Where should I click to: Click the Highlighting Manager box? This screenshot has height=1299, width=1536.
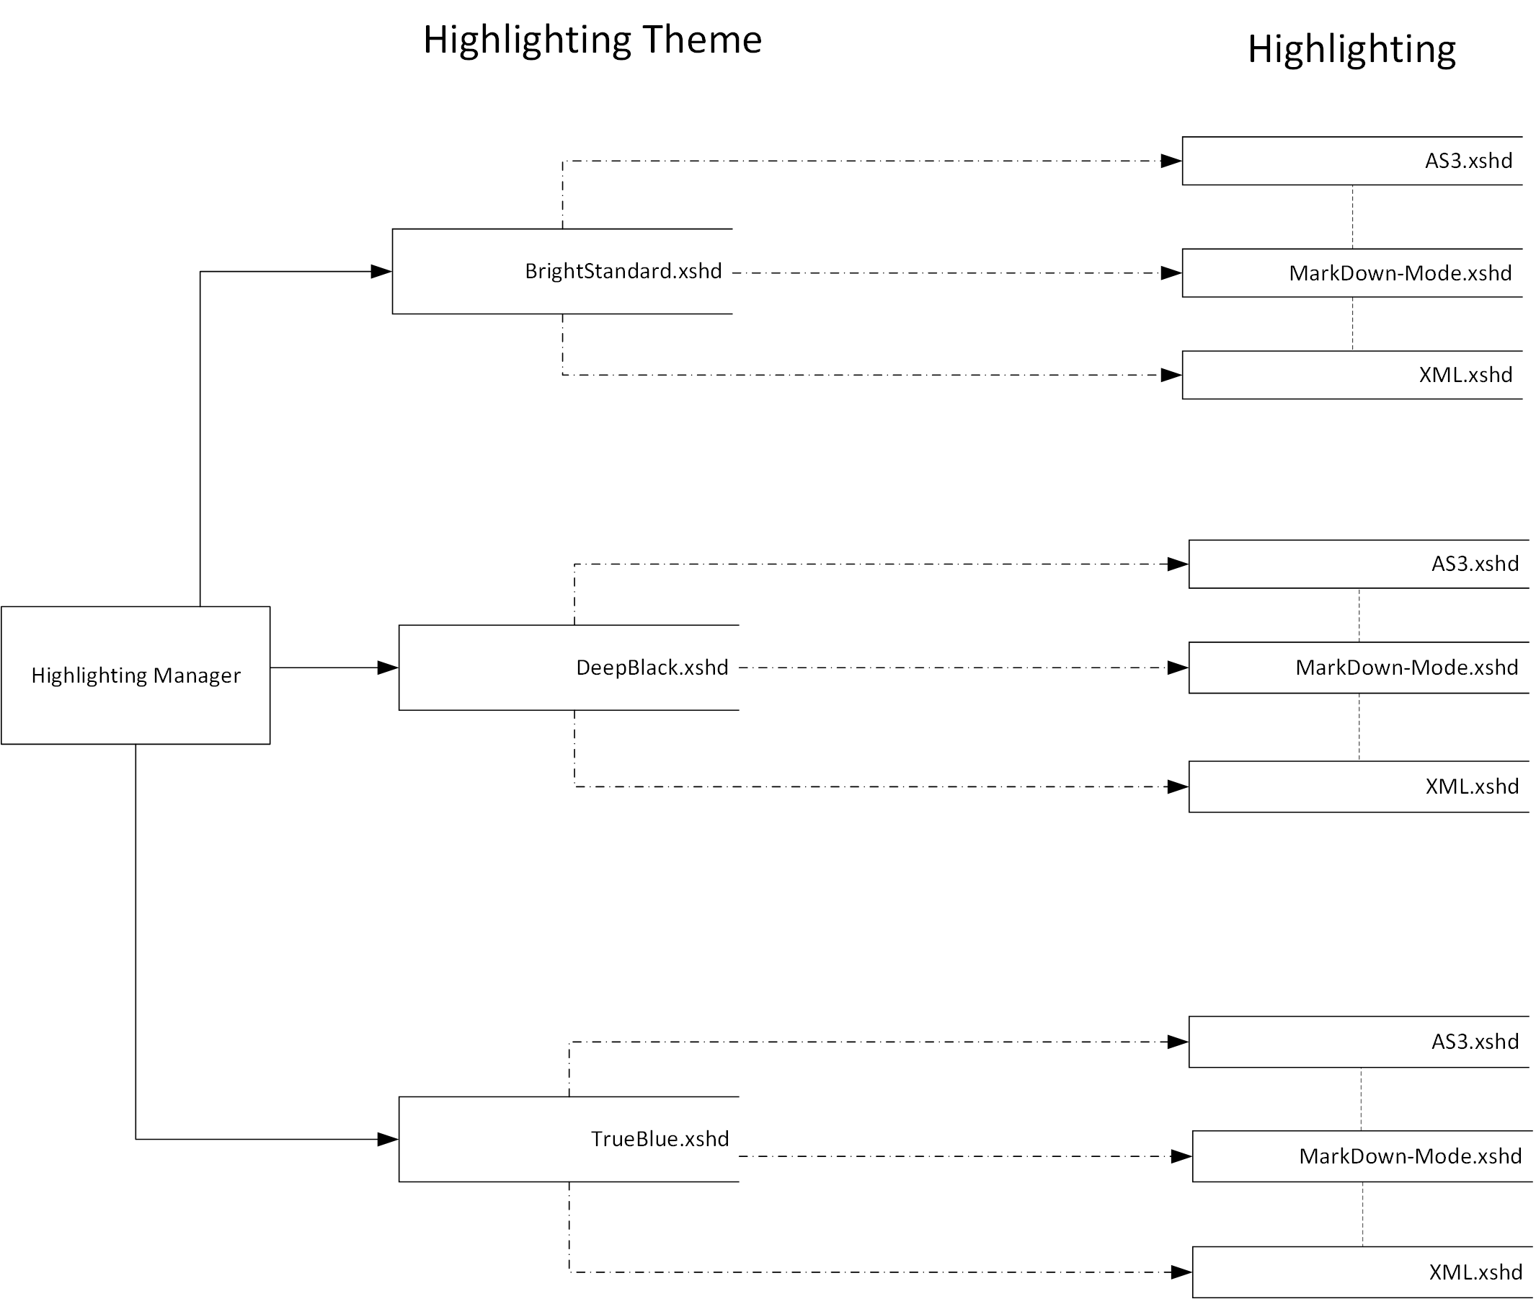click(136, 675)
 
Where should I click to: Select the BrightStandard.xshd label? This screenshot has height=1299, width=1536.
click(623, 271)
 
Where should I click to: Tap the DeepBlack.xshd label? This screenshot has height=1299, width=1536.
click(652, 668)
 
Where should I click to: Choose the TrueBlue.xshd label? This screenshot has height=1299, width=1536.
click(660, 1138)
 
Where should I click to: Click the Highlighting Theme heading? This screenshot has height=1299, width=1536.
click(592, 40)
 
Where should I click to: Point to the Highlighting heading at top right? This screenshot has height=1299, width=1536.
click(1351, 50)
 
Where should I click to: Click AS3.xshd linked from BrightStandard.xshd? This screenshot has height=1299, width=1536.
click(1468, 161)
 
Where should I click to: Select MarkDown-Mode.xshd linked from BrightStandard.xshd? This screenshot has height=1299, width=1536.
click(1400, 273)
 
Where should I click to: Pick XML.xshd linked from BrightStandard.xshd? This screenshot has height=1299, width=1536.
click(1465, 375)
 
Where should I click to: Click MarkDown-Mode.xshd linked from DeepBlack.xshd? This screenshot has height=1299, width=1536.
click(1406, 668)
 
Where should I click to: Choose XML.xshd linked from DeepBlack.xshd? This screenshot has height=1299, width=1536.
click(1471, 786)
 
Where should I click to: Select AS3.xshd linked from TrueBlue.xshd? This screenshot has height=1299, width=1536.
click(1474, 1041)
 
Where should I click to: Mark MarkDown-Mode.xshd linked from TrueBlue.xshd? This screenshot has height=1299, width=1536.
click(1410, 1156)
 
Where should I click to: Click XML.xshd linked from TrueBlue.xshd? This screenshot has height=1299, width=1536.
click(1475, 1272)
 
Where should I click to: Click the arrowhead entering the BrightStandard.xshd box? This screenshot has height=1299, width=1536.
click(381, 272)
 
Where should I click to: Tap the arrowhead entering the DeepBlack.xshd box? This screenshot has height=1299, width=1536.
click(388, 668)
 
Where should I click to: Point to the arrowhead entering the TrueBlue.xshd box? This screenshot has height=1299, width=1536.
click(388, 1139)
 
